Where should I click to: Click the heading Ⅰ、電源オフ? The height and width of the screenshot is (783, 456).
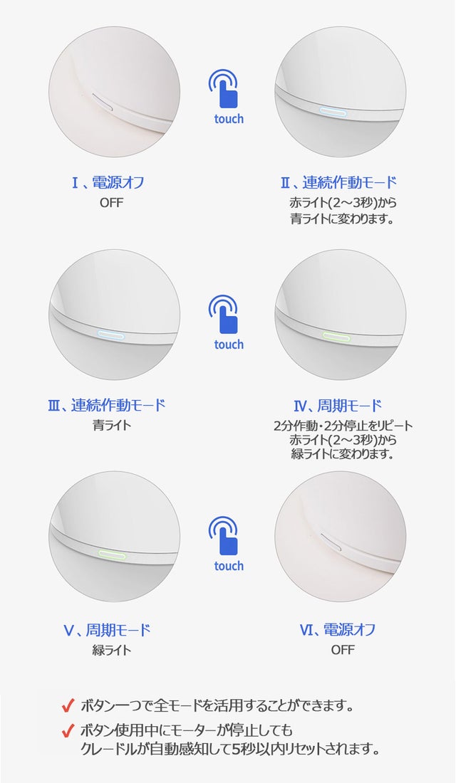point(108,183)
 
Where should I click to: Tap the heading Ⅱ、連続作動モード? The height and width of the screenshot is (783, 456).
point(338,183)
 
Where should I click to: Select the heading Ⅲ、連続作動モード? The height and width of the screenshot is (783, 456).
point(106,405)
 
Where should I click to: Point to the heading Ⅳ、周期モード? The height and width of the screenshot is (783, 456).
point(338,406)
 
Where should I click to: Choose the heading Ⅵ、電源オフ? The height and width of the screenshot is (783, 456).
point(338,630)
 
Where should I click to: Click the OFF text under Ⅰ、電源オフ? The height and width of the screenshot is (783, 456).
point(111,203)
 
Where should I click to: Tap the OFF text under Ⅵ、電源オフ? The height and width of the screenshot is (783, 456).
point(343,650)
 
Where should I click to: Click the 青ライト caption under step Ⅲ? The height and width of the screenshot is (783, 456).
point(111,426)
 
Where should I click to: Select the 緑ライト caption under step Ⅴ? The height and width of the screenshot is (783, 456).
point(111,650)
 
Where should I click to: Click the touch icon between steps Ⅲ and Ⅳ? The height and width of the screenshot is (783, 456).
point(229,322)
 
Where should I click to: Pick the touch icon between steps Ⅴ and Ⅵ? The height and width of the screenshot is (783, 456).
point(229,544)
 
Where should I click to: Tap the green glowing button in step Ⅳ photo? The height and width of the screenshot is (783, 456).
point(336,336)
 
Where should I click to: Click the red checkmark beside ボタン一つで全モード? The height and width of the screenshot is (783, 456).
point(68,705)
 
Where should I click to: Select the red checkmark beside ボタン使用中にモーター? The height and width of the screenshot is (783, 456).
point(68,731)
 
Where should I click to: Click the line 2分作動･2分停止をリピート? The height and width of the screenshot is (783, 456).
point(343,426)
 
